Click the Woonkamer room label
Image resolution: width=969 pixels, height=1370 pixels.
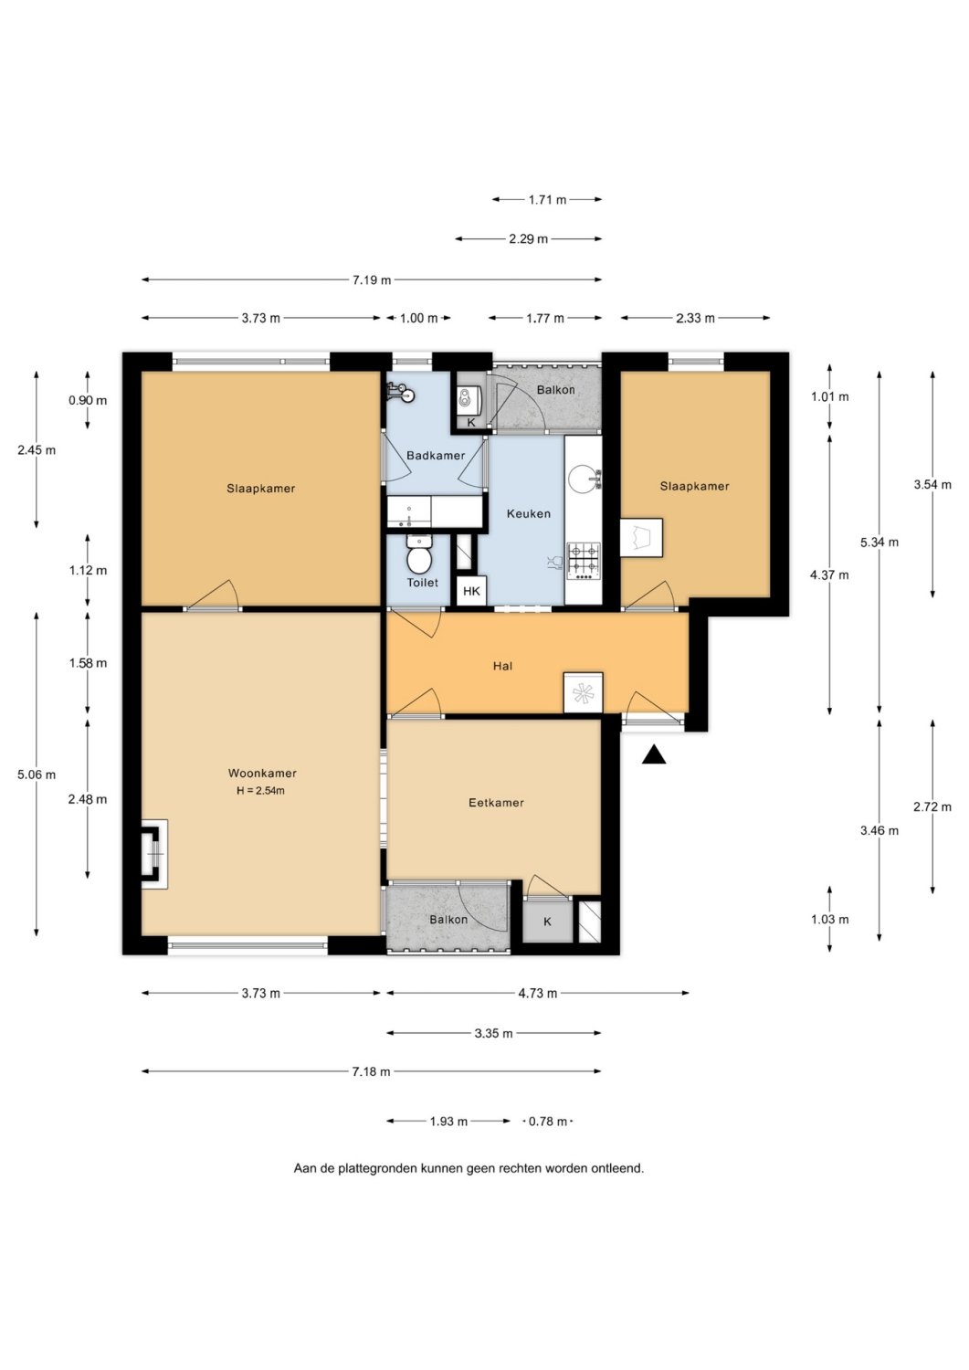262,773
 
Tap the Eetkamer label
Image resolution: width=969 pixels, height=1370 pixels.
496,803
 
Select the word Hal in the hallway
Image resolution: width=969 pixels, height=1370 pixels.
502,666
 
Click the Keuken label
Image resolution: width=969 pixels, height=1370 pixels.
529,513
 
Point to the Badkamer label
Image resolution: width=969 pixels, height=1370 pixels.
436,456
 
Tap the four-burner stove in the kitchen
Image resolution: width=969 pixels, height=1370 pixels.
584,561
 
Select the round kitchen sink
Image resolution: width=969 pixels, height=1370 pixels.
583,479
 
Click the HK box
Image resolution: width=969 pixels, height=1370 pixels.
471,591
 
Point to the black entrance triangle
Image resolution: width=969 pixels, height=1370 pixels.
654,755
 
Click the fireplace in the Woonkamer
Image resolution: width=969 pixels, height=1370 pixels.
154,854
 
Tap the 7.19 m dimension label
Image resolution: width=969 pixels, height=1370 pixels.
372,280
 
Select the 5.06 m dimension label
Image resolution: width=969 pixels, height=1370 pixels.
37,775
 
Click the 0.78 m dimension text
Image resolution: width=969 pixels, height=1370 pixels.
548,1121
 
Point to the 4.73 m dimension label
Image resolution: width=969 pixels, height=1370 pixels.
538,994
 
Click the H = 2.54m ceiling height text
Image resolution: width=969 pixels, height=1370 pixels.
260,790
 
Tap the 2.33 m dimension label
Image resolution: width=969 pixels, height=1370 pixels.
696,318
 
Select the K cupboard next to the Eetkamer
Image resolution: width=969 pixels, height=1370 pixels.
547,921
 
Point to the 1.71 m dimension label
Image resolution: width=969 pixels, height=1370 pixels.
547,199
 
